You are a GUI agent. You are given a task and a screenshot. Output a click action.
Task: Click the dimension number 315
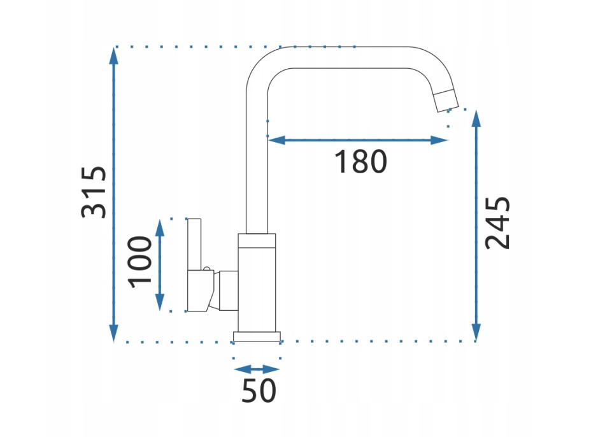click(x=94, y=192)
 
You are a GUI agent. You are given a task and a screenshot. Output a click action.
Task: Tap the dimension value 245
click(x=497, y=222)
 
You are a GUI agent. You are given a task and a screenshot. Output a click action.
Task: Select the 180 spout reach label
click(x=360, y=162)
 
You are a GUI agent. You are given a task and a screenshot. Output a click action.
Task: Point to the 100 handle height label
click(x=140, y=262)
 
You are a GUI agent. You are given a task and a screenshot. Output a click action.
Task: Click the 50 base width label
click(x=259, y=390)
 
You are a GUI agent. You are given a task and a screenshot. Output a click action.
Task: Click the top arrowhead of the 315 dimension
click(x=114, y=56)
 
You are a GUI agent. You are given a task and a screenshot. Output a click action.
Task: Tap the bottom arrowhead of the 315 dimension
click(x=114, y=333)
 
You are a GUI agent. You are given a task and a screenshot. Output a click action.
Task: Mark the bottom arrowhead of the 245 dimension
click(x=476, y=333)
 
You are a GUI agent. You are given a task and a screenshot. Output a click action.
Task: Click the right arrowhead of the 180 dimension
click(x=439, y=140)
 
